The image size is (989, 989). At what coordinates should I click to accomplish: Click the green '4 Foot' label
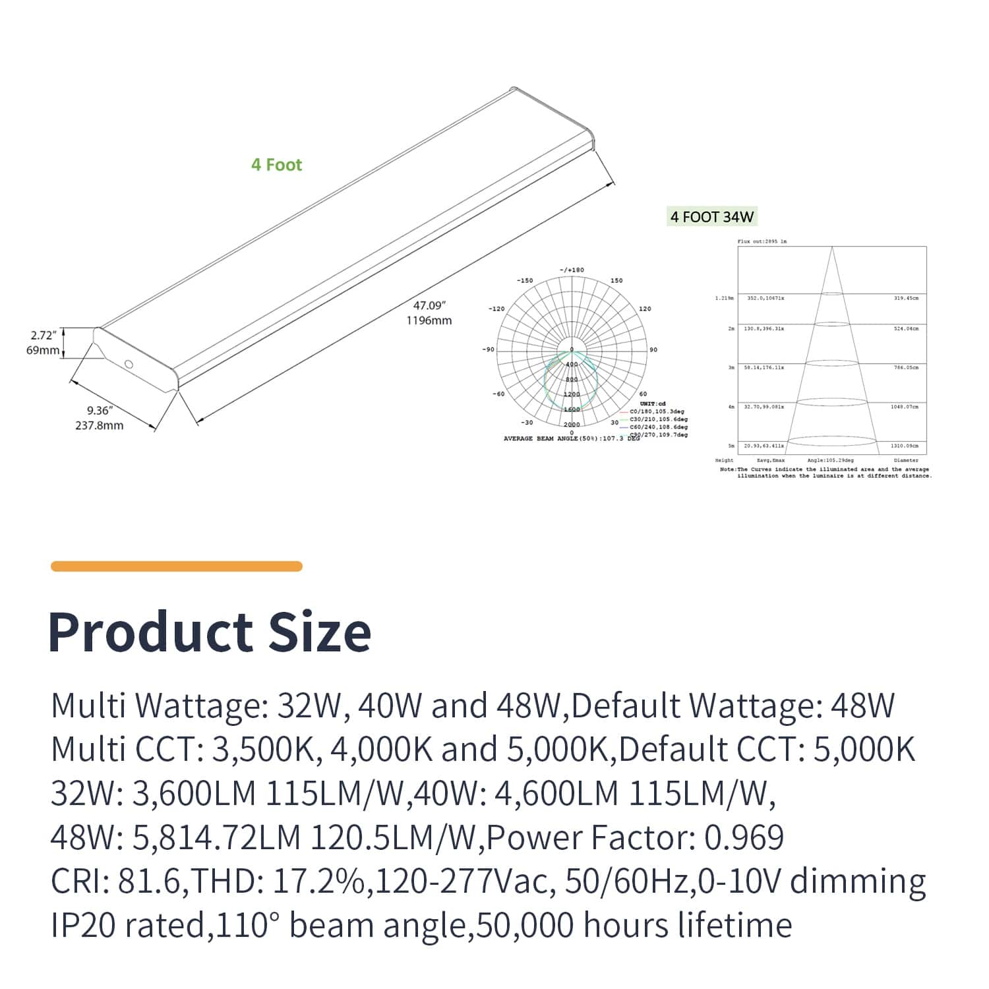276,165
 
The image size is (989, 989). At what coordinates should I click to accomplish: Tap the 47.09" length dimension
430,306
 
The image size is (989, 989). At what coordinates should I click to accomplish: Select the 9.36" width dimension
100,411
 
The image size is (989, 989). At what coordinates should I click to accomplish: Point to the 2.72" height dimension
44,336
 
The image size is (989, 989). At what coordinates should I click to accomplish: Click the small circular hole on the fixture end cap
129,365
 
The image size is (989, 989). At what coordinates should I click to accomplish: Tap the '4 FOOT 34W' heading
711,217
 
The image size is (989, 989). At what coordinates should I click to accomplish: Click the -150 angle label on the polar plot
525,281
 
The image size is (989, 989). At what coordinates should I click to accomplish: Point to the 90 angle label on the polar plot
653,350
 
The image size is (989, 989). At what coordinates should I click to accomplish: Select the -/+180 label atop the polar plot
572,270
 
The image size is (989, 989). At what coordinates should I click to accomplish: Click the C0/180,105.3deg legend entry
657,411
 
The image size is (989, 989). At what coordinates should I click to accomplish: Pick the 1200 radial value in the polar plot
572,394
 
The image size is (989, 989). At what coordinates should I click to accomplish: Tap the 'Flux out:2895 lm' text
762,242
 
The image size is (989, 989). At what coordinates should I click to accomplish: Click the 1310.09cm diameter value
904,446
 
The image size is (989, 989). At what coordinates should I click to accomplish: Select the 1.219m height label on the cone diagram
724,299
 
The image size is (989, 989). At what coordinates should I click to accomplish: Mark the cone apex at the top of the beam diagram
832,248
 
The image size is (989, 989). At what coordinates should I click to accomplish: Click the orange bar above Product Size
177,566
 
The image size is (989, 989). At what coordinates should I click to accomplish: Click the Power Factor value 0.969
744,838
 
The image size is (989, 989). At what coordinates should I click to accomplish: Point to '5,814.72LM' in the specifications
217,838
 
